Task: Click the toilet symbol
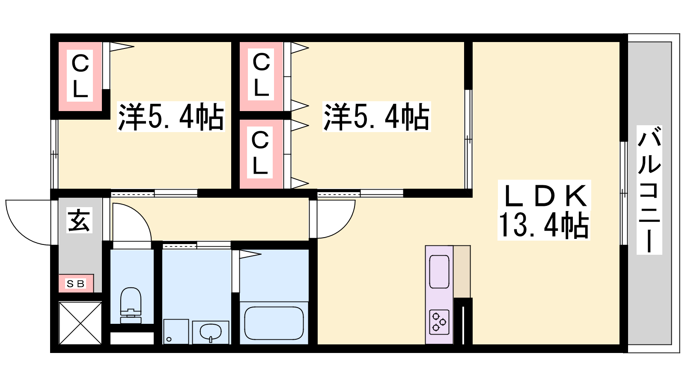[131, 305]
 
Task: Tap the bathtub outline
[274, 323]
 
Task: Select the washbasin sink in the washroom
[211, 332]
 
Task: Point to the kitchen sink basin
[439, 271]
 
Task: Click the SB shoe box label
[75, 283]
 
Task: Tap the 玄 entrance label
[79, 220]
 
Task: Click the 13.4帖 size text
[544, 226]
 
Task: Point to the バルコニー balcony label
[649, 190]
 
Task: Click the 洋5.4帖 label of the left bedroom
[171, 116]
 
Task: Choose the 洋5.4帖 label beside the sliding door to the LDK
[376, 116]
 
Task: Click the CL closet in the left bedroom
[80, 76]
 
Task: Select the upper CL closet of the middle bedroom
[261, 76]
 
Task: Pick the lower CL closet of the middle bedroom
[261, 154]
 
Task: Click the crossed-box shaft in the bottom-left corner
[80, 323]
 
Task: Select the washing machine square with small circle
[176, 332]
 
